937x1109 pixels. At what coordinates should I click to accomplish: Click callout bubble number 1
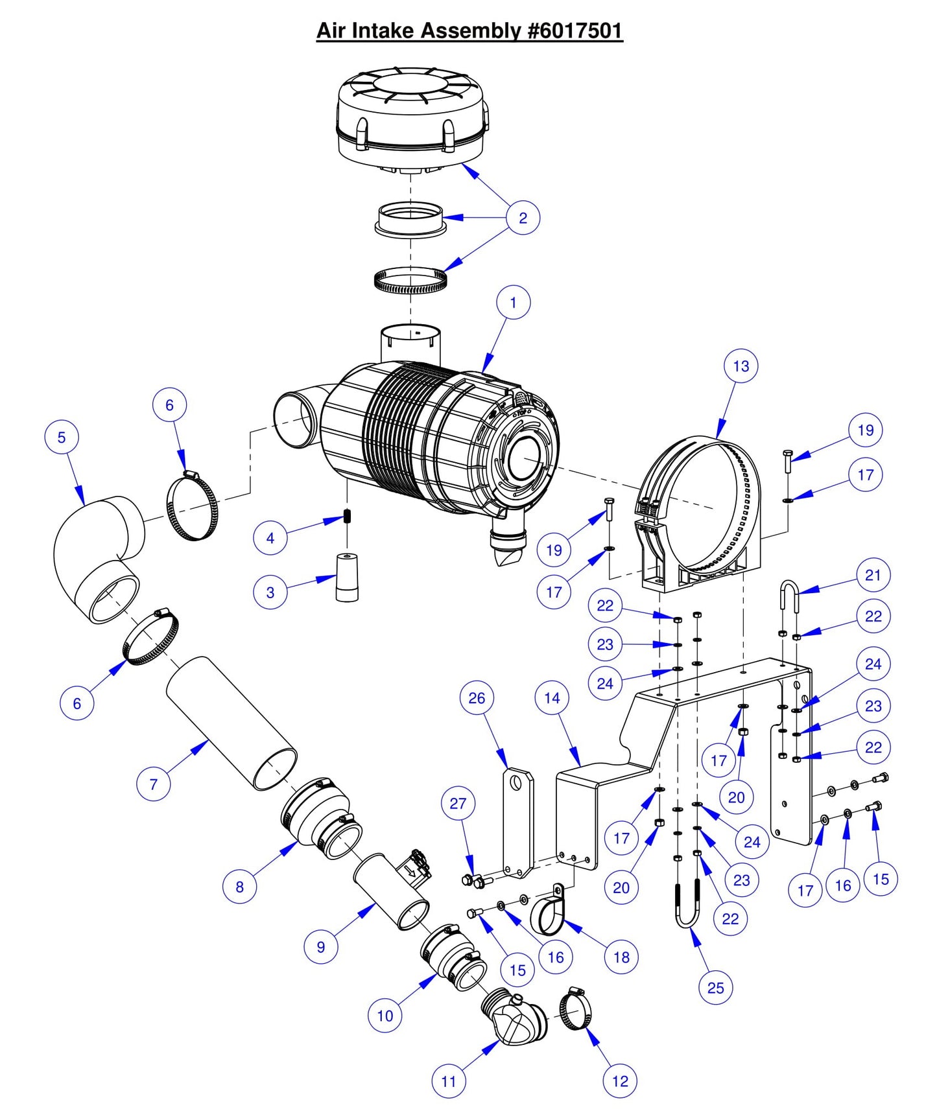513,303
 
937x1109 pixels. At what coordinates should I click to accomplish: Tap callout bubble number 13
741,366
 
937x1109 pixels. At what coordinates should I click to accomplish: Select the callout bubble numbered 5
62,438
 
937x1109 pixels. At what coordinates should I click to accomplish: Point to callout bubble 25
715,988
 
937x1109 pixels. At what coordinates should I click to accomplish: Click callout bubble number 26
477,698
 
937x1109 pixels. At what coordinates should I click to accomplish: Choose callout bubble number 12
620,1081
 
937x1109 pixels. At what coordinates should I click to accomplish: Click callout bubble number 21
873,575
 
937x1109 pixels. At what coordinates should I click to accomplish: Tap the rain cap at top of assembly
412,117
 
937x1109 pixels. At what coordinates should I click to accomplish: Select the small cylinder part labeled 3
348,577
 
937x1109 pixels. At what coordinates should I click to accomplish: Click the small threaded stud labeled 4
348,517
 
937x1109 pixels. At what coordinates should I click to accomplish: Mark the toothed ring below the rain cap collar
411,281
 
